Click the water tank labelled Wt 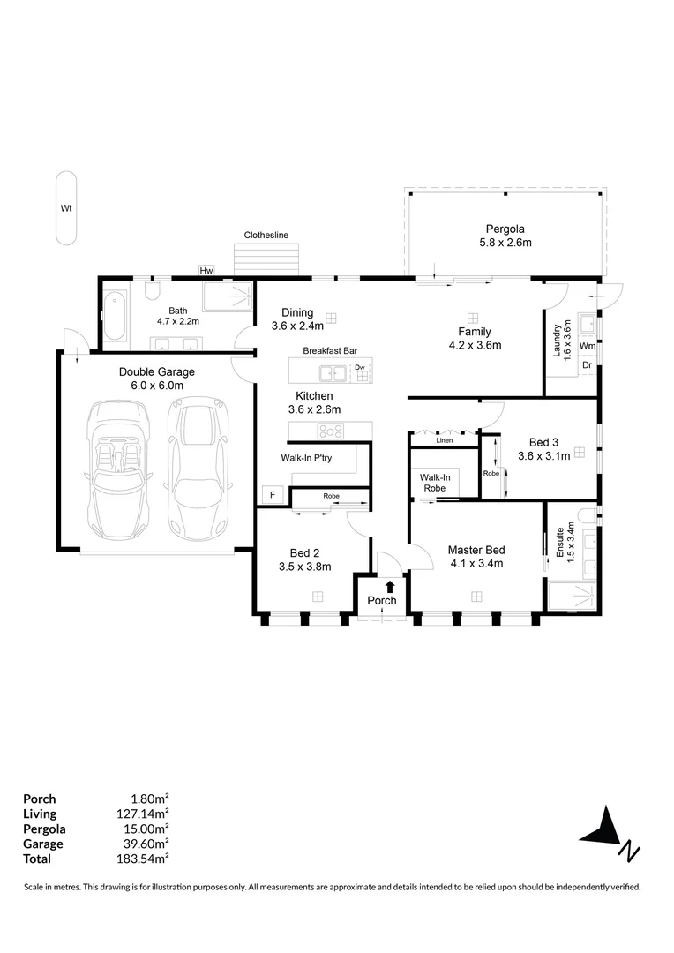(x=65, y=209)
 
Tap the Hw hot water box (x=207, y=270)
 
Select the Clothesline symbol (x=266, y=259)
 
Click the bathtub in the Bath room (x=114, y=318)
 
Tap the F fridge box (x=273, y=495)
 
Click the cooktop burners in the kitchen (x=331, y=431)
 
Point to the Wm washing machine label (x=588, y=346)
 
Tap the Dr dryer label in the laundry (x=588, y=364)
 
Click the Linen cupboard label (x=444, y=439)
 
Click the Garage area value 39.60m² (x=145, y=844)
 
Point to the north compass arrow (x=603, y=829)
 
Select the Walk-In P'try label (x=306, y=458)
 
